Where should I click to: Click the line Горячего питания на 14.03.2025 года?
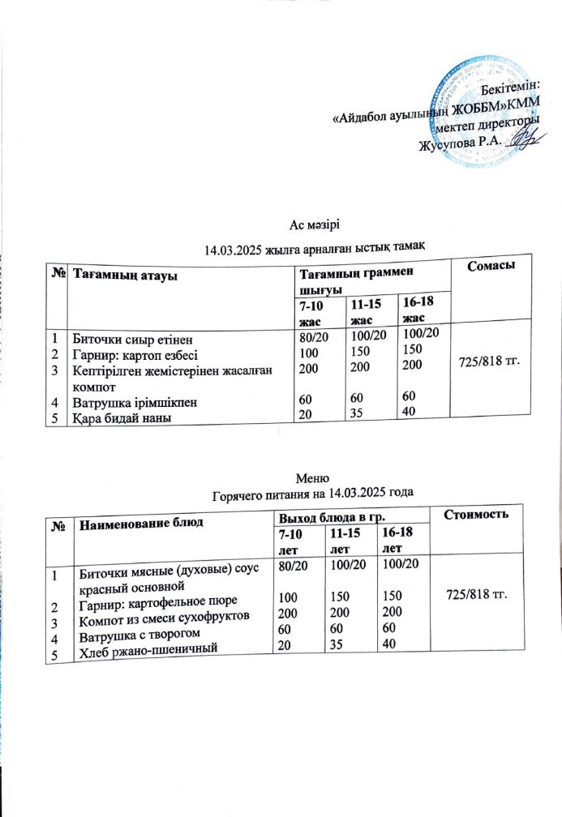tap(313, 491)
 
